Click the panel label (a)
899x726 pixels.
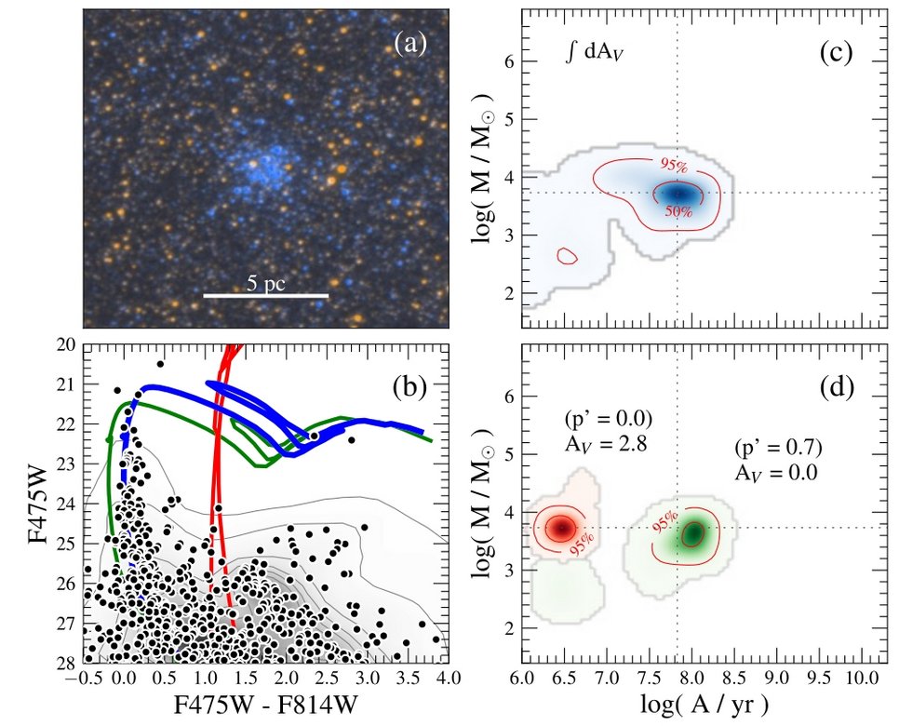[410, 43]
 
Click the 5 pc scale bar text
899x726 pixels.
[265, 281]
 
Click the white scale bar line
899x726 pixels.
[265, 296]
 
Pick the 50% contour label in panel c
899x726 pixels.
[678, 212]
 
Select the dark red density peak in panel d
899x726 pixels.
[560, 527]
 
